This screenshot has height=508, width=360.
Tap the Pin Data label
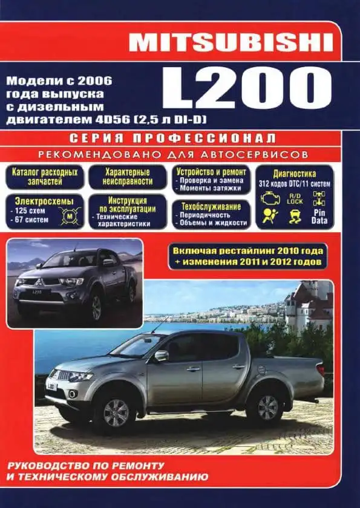point(319,218)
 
